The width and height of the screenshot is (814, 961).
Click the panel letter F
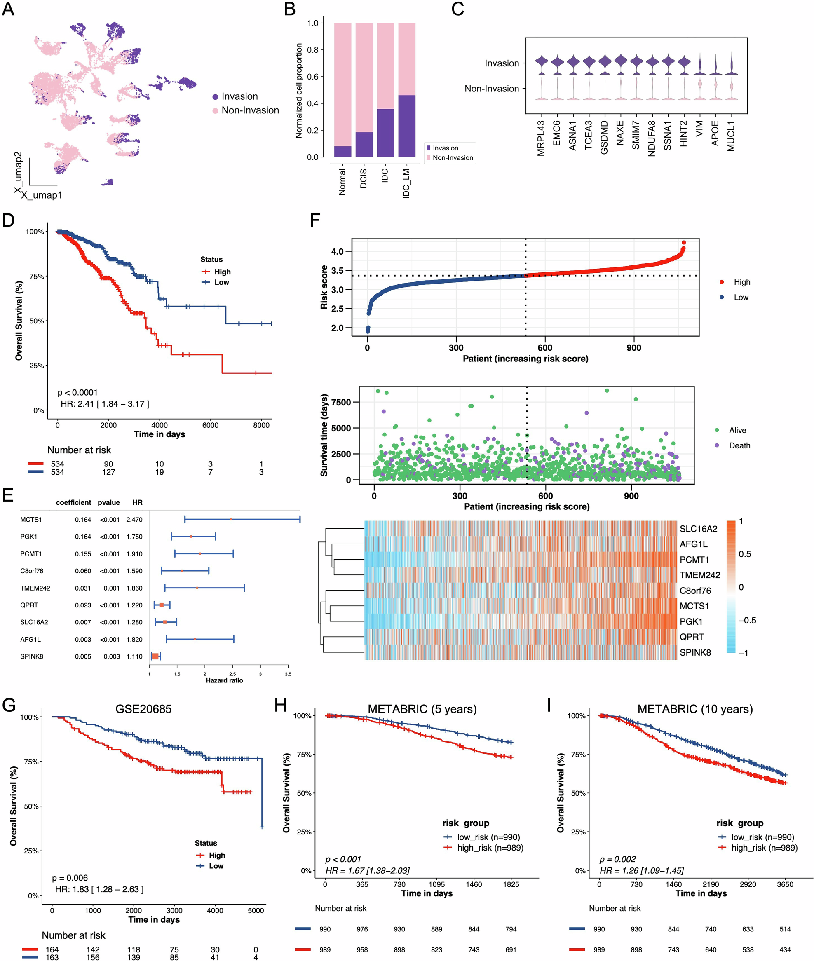[x=315, y=220]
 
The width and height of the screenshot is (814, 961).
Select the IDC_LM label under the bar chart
[x=406, y=184]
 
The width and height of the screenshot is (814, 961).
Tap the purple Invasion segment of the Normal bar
[x=342, y=151]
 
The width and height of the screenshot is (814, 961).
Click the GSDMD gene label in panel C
[x=604, y=137]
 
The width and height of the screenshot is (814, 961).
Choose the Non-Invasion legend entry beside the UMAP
[x=250, y=110]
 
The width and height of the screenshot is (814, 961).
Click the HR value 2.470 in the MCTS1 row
[x=134, y=520]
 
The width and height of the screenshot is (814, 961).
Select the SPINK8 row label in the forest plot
[x=32, y=656]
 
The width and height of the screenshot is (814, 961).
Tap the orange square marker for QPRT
[x=162, y=605]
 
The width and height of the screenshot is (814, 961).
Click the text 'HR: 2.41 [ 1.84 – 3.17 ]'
[x=105, y=404]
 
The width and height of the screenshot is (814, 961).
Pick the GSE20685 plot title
[x=143, y=709]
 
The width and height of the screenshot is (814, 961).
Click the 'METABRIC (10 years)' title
[x=695, y=709]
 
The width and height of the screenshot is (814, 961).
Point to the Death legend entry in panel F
[x=739, y=445]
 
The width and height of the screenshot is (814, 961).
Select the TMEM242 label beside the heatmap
[x=699, y=575]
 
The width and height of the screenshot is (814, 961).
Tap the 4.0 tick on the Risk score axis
[x=337, y=251]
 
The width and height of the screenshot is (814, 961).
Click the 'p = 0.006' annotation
[x=70, y=878]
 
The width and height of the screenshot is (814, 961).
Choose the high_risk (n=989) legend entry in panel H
[x=490, y=848]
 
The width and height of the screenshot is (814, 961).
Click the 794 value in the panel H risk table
[x=511, y=929]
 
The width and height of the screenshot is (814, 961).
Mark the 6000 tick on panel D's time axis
[x=211, y=425]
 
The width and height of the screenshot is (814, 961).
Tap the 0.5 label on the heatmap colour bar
[x=745, y=554]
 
